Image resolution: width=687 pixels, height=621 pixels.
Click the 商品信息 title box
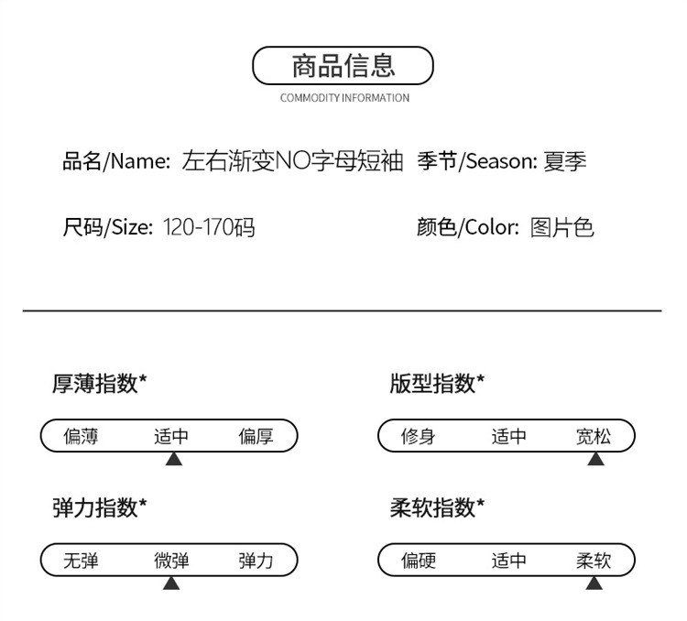point(343,66)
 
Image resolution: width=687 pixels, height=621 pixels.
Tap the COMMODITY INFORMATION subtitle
point(344,98)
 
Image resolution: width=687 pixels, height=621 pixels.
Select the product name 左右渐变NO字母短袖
point(292,162)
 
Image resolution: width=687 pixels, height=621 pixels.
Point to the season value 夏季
point(564,162)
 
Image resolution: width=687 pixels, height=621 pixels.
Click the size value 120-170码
point(209,227)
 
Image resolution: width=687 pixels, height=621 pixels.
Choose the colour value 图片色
point(562,227)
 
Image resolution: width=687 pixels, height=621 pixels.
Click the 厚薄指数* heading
point(99,384)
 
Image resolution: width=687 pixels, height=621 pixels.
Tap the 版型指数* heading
point(437,384)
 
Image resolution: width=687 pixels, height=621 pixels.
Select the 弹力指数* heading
point(99,507)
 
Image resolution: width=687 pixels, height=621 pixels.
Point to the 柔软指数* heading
point(437,507)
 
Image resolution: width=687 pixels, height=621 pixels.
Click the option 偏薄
point(81,437)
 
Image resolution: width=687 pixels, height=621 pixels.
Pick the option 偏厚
point(256,437)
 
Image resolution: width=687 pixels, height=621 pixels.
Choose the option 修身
point(418,437)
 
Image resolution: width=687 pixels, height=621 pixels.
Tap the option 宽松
point(594,437)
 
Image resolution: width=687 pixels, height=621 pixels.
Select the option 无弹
point(81,561)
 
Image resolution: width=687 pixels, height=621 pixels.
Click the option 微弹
point(171,561)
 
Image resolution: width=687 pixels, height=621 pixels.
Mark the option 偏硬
point(419,561)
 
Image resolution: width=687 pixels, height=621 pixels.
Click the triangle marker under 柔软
point(594,582)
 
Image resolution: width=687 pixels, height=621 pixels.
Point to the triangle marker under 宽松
point(595,458)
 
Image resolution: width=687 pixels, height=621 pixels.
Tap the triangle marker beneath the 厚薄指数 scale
point(173,458)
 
